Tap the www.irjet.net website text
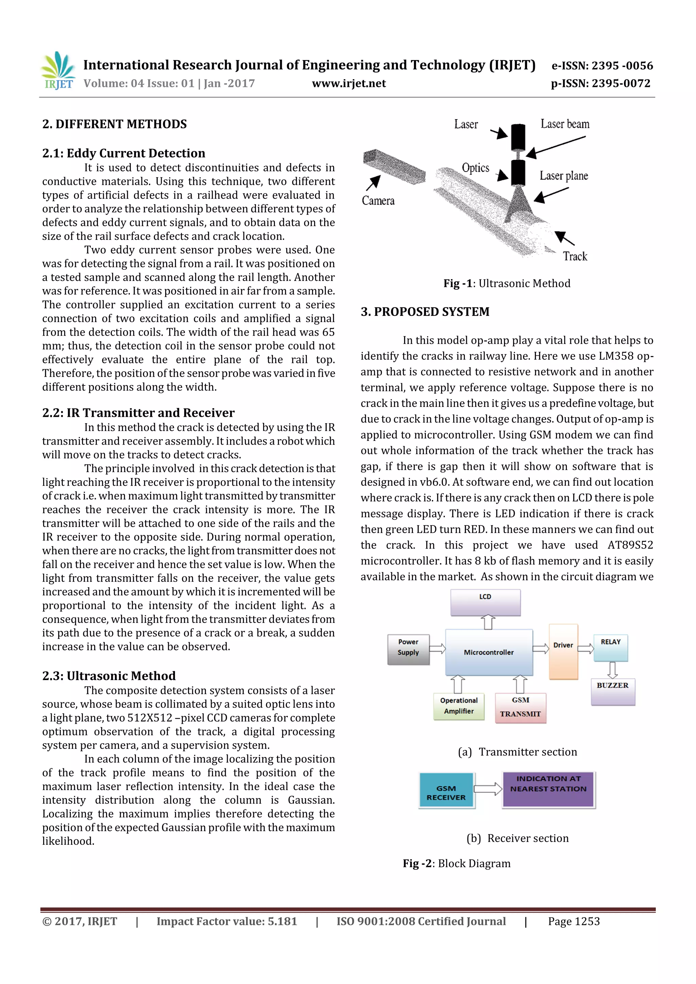(x=349, y=84)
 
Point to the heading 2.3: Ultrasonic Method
(x=109, y=676)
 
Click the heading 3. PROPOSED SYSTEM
(x=424, y=311)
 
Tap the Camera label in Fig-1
(x=378, y=201)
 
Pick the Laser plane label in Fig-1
(x=563, y=176)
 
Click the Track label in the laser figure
(x=575, y=256)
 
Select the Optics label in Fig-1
(x=475, y=167)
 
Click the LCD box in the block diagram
(x=485, y=602)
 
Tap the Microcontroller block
(x=489, y=652)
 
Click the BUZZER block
(x=612, y=691)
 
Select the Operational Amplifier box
(x=459, y=706)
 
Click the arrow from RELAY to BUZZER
(x=613, y=669)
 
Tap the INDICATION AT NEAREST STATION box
(x=549, y=789)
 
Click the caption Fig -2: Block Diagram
(x=456, y=863)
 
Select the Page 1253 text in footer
(x=573, y=922)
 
